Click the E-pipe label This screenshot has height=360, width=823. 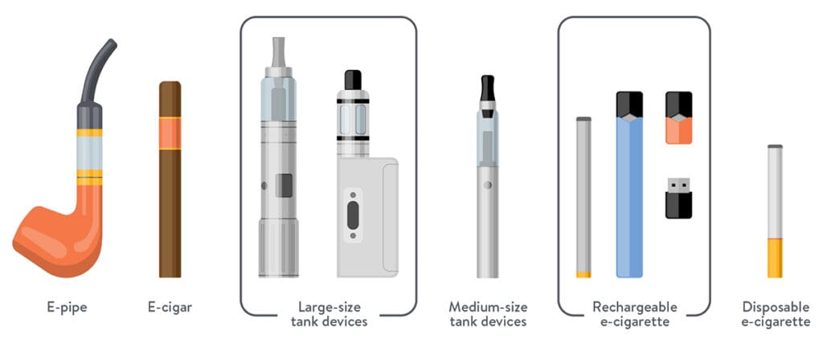coord(67,308)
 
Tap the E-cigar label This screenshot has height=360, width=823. coord(170,308)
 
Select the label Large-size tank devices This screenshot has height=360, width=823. coord(329,314)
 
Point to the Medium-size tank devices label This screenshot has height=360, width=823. coord(488,314)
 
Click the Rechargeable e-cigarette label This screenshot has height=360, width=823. coord(635,314)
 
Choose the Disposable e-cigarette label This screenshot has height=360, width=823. coord(776,314)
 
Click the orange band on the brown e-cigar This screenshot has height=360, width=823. coord(170,133)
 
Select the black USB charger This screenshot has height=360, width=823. coord(678,198)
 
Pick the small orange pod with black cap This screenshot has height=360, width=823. coord(678,117)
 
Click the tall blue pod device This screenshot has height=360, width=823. coord(629,184)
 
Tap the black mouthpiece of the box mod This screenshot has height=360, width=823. coord(353,80)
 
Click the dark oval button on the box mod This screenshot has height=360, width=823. coord(353,215)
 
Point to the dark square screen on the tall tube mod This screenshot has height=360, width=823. coord(284,186)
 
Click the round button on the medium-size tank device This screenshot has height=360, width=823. coord(488,185)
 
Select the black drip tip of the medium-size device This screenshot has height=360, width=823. coord(488,88)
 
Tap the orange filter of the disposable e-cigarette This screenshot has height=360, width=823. coord(775,258)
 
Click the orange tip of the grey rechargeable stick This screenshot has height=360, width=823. coord(583,275)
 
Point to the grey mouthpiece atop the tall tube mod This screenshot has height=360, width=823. coord(279,52)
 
